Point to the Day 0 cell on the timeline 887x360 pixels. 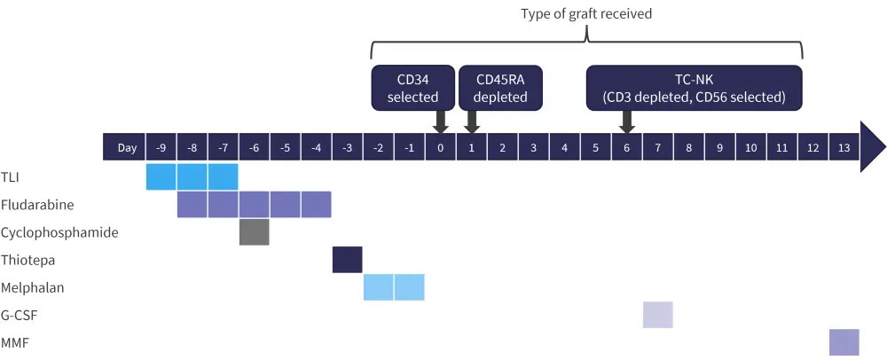click(x=440, y=146)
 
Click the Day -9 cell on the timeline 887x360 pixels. click(x=161, y=146)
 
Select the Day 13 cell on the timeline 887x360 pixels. click(x=844, y=146)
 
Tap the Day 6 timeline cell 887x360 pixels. click(x=626, y=146)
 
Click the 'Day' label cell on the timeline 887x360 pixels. click(x=127, y=146)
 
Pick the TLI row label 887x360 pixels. click(x=11, y=177)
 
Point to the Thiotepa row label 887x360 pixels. click(x=24, y=260)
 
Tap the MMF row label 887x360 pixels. click(x=14, y=342)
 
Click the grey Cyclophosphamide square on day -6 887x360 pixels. click(x=254, y=232)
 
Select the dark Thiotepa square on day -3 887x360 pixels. click(x=347, y=260)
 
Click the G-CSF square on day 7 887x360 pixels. click(x=657, y=315)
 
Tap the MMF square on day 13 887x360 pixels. click(x=844, y=342)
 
